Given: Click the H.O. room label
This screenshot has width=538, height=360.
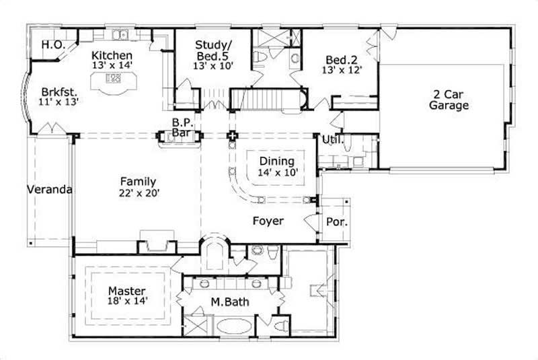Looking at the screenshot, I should click(x=52, y=45).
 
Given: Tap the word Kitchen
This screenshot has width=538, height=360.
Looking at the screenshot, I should click(x=112, y=55).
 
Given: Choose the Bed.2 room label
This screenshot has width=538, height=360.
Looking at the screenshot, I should click(x=342, y=59).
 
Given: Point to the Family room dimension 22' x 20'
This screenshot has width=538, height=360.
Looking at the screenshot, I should click(x=139, y=192).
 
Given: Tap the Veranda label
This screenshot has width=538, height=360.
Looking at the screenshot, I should click(x=49, y=189).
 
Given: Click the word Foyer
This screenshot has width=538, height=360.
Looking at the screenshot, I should click(x=268, y=221).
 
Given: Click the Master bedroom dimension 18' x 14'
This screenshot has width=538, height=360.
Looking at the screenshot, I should click(x=127, y=302).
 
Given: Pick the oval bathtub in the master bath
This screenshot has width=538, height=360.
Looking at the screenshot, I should click(x=235, y=328).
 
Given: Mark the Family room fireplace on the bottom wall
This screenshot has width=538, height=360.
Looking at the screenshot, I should click(x=156, y=242).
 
